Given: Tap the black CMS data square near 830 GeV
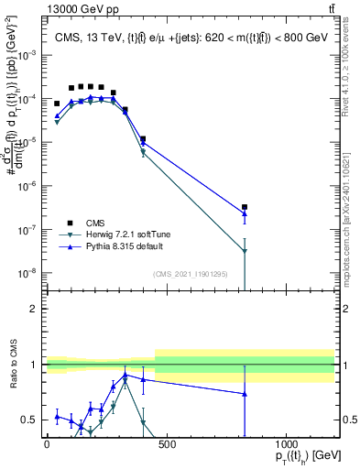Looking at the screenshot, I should pos(245,207).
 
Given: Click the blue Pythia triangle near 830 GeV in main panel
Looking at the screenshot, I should pos(245,214).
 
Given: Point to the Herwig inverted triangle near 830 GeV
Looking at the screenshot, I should pos(245,251).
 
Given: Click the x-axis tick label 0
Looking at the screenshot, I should pos(47,444).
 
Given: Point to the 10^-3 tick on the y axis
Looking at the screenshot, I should pos(28,55).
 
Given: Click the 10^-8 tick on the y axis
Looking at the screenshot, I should pos(28,273).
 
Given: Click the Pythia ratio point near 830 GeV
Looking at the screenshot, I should pos(245,394).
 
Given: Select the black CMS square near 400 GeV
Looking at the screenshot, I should pos(143,139).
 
